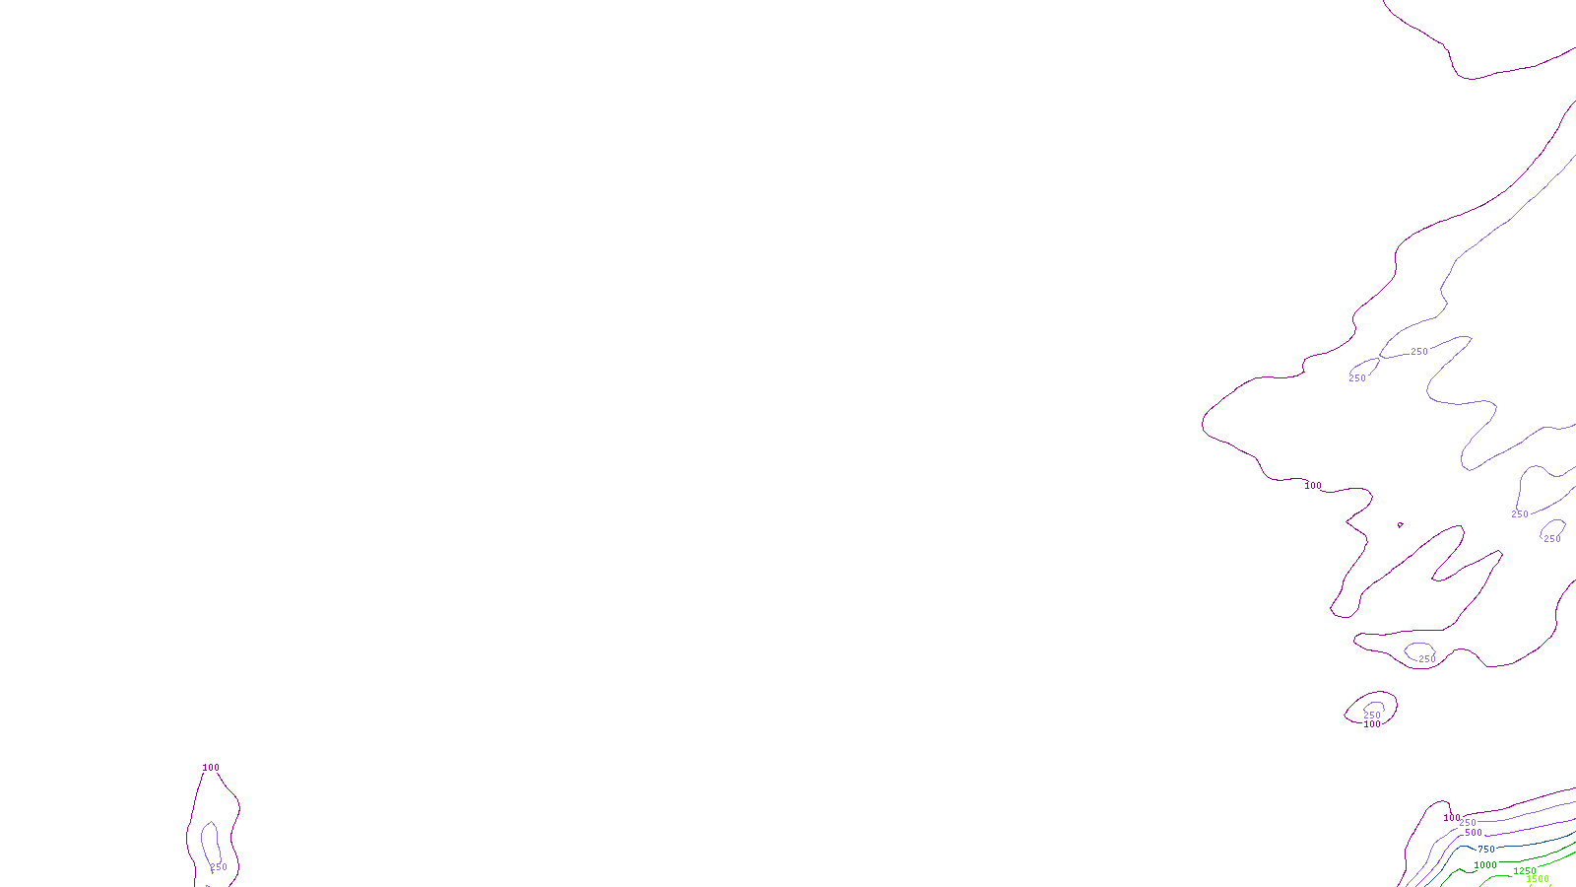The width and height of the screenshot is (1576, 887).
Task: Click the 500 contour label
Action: [1473, 833]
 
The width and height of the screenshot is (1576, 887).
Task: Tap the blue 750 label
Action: [1486, 849]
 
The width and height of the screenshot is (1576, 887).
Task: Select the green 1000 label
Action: [1485, 865]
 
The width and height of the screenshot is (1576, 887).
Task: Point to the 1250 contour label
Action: [1525, 871]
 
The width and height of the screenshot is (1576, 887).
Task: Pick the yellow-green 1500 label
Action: [1538, 879]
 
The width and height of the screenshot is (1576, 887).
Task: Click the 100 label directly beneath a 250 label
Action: [1372, 724]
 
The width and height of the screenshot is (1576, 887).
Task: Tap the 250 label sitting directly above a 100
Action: [1372, 715]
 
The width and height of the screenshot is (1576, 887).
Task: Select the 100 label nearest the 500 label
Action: [1451, 818]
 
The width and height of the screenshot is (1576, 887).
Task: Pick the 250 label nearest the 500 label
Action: [1468, 823]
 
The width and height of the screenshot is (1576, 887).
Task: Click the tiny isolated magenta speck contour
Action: [1400, 524]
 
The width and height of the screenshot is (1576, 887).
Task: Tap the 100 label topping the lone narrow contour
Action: [211, 768]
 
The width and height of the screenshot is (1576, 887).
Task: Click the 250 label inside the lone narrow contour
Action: [219, 867]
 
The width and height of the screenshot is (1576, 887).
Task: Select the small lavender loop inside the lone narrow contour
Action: [205, 838]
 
